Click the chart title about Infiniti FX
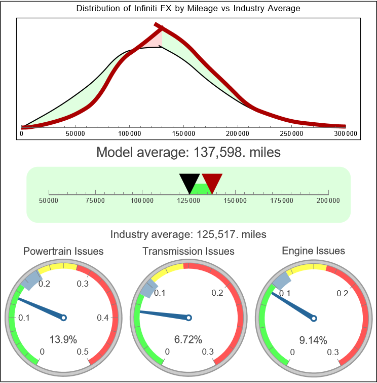pos(188,9)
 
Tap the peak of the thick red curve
pos(158,27)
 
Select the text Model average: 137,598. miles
pos(188,152)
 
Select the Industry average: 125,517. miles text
pos(188,234)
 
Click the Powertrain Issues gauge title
pos(63,251)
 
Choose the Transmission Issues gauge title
pos(188,251)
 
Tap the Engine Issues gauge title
pos(313,251)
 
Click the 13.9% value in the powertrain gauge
pos(63,339)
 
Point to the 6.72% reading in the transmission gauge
pos(188,339)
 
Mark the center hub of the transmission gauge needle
pos(188,318)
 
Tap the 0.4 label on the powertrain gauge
pos(103,318)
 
